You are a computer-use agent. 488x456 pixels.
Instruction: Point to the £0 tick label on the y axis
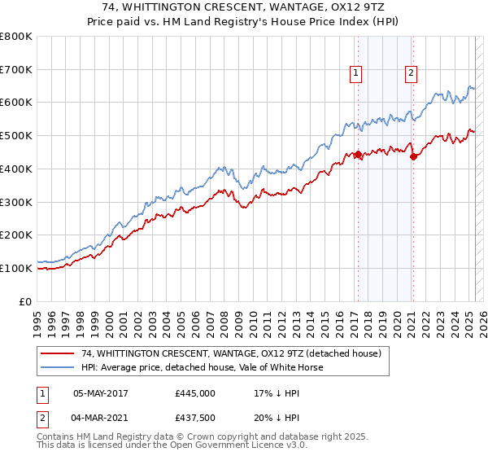point(26,301)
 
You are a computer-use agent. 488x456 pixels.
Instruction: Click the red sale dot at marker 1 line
point(357,154)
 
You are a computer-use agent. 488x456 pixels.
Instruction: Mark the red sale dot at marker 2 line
point(413,156)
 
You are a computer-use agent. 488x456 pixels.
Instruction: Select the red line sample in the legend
point(59,353)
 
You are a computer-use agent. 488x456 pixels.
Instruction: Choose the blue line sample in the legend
point(59,367)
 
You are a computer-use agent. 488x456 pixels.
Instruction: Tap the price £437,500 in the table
point(195,419)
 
